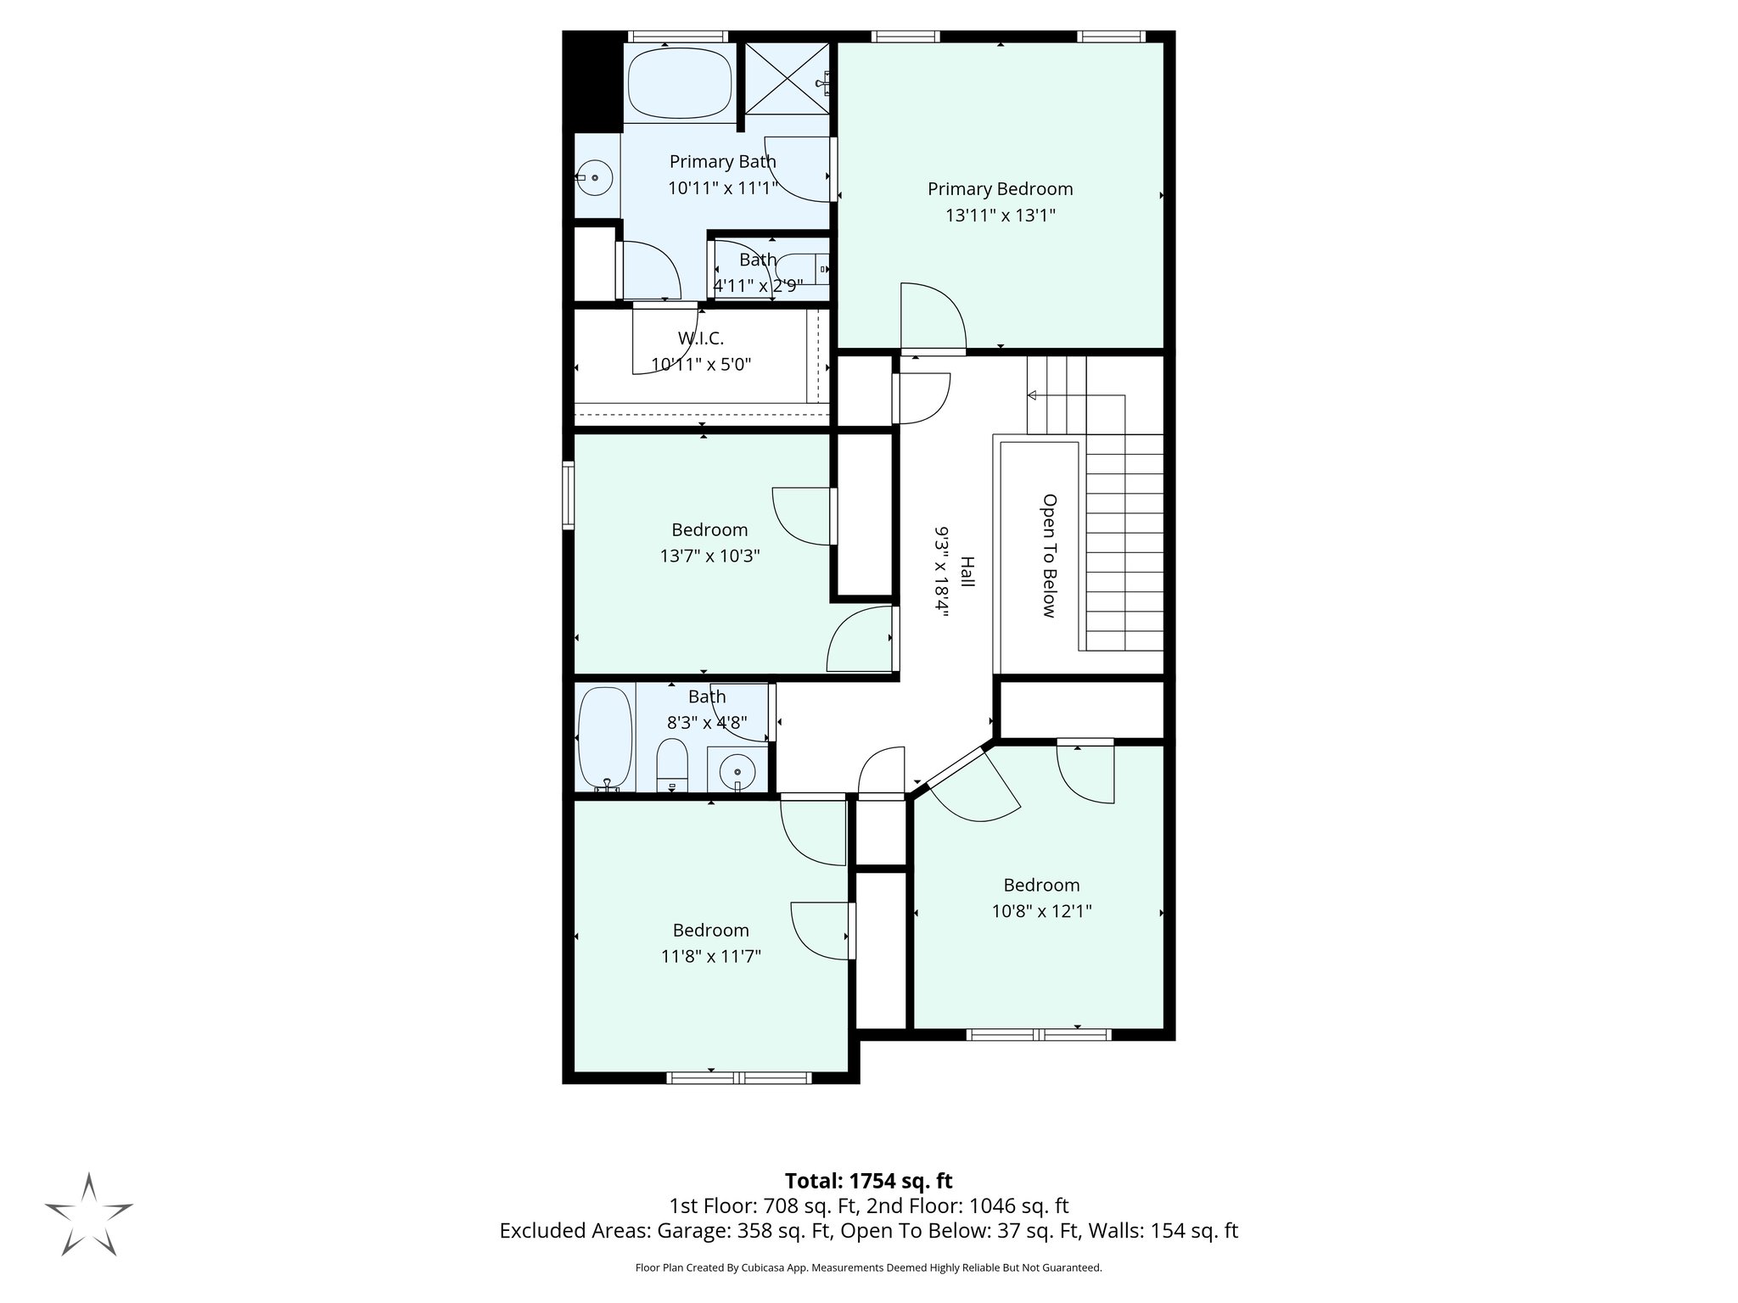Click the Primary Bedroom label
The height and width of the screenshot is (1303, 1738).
[x=1000, y=188]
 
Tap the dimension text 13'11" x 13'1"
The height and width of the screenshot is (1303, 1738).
[x=1000, y=215]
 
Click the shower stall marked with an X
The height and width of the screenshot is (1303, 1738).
[x=786, y=77]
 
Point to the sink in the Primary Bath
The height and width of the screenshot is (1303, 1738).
[x=595, y=177]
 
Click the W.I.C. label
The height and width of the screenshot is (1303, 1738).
[x=701, y=338]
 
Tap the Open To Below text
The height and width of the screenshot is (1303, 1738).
[x=1049, y=556]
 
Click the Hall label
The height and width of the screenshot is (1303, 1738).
[x=967, y=571]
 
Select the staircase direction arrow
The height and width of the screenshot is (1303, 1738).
[x=1033, y=394]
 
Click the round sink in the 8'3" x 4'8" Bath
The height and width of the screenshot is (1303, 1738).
[x=737, y=771]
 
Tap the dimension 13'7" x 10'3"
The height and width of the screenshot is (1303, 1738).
[x=709, y=556]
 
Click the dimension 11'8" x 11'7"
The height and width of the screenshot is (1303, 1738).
[x=711, y=957]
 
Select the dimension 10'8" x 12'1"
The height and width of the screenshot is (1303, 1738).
[x=1041, y=912]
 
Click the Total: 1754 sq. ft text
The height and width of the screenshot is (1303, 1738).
[x=868, y=1181]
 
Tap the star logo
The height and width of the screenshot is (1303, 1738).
[x=88, y=1214]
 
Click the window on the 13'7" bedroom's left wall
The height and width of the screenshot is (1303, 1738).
[x=569, y=495]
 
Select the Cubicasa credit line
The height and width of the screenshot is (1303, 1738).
[x=868, y=1267]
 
